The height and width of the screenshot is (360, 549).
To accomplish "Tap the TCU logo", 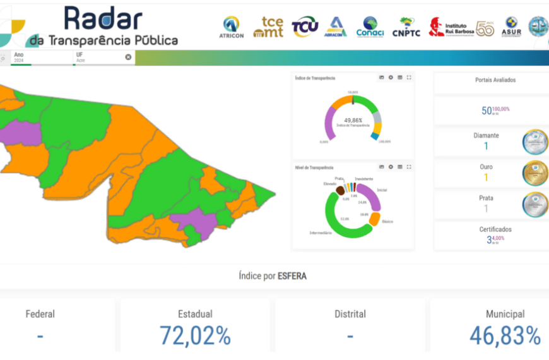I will tap(305, 26).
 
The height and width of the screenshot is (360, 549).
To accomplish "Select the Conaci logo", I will tap(370, 27).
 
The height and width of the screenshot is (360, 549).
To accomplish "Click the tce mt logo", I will tap(268, 27).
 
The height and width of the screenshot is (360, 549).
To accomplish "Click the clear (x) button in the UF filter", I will tap(128, 57).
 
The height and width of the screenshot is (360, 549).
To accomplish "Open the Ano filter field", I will tap(41, 57).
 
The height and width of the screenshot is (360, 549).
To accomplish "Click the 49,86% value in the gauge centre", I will tap(353, 120).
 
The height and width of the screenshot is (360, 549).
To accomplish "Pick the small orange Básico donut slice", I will tap(374, 219).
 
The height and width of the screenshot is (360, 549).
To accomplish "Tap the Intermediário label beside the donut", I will tap(321, 233).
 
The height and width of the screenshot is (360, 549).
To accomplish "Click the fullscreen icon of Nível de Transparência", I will tap(409, 167).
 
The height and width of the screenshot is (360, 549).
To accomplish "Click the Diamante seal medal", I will tap(535, 141).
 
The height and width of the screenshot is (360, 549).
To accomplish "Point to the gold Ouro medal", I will tap(535, 172).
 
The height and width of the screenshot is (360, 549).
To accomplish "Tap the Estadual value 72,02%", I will tap(195, 335).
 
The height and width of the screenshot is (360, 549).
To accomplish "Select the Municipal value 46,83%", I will tap(505, 335).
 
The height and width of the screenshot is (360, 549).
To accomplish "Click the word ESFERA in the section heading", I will tap(292, 276).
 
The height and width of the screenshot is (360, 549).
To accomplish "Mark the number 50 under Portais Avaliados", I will tap(487, 111).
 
